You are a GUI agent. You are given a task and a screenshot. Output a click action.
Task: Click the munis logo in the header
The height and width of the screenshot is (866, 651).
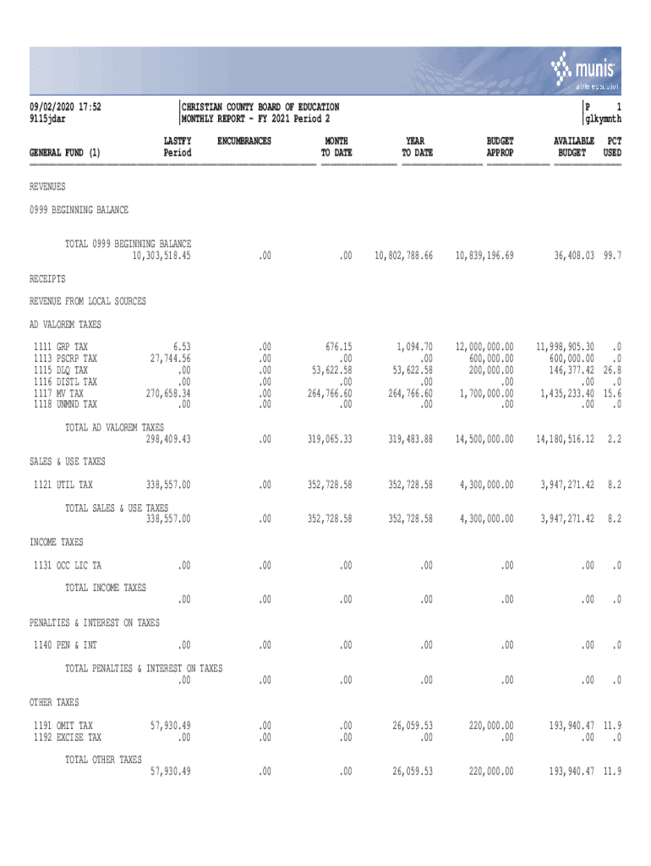point(586,69)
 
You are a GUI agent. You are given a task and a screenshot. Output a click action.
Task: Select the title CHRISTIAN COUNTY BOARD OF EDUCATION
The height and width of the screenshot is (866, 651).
point(261,107)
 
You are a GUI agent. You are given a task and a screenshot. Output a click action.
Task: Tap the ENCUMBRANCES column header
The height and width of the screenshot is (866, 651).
point(244,140)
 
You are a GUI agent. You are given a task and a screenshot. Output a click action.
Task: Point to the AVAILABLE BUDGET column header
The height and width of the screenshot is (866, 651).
point(573,146)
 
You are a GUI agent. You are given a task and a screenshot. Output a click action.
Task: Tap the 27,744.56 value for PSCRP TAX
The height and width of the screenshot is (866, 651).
point(168,359)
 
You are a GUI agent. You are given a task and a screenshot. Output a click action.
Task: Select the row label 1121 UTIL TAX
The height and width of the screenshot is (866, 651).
point(61,485)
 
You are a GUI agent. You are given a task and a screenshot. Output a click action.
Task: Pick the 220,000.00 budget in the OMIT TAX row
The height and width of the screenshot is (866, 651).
point(489,726)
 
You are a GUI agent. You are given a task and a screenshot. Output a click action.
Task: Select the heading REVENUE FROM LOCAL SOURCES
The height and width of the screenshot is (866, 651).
point(88,301)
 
